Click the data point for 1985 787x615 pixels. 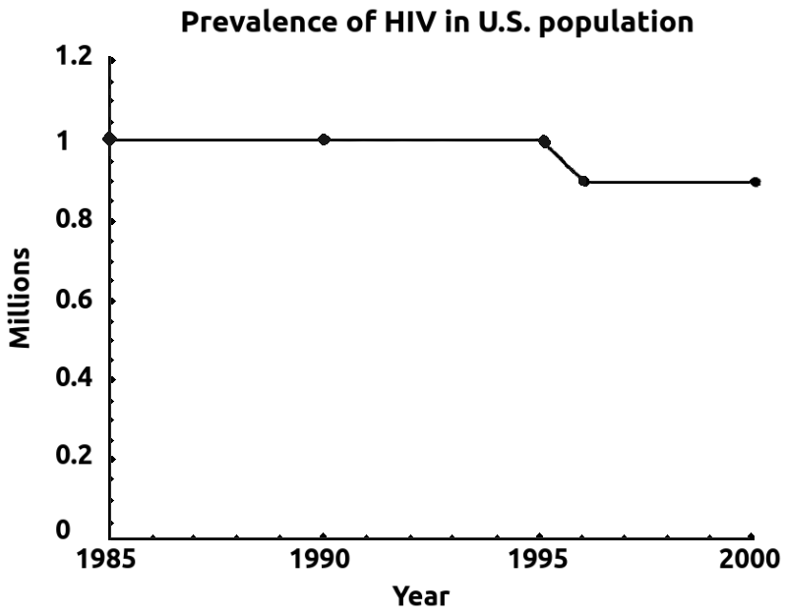[110, 140]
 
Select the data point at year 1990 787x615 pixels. [325, 140]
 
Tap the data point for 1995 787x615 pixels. [544, 141]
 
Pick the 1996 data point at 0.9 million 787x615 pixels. [584, 182]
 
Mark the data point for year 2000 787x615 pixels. [755, 182]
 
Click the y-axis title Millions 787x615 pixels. [21, 297]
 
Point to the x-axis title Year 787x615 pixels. [421, 595]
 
